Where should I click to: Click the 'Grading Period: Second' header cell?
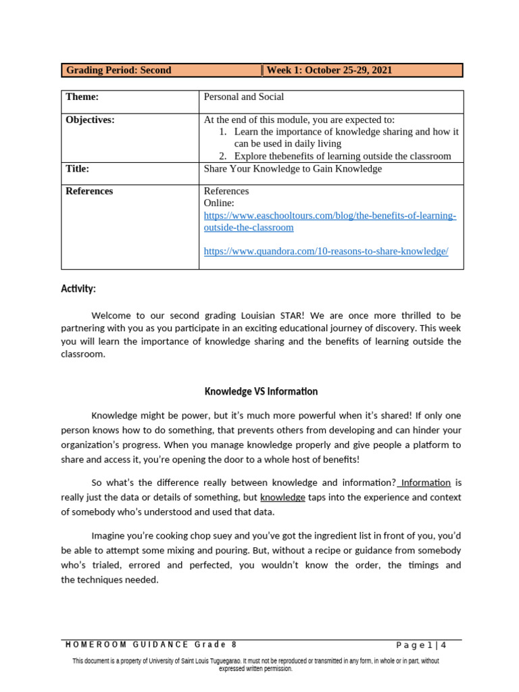pos(118,70)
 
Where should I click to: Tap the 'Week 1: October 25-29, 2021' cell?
pos(329,70)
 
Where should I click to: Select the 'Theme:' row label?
pos(82,97)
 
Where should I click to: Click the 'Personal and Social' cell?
pos(244,97)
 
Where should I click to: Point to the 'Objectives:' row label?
pos(90,120)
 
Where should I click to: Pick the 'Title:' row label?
pos(77,169)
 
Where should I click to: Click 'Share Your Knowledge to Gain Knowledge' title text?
pos(293,169)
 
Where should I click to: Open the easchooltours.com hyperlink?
pos(330,222)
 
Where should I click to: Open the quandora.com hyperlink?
pos(326,251)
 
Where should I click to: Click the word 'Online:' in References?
pos(220,203)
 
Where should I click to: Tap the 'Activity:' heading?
pos(78,289)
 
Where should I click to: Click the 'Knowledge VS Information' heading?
pos(261,391)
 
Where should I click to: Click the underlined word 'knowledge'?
pos(282,497)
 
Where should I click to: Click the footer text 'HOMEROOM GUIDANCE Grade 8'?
pos(151,645)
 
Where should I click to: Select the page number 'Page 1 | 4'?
pos(421,645)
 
